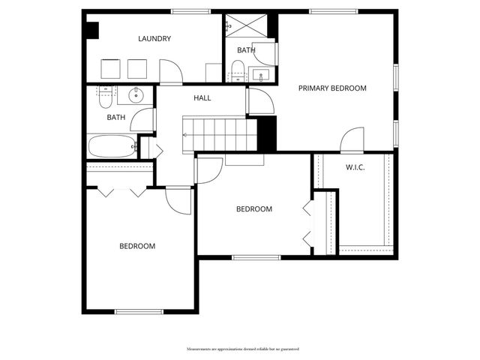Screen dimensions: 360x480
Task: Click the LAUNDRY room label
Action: point(155,39)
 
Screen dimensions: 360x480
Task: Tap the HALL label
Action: point(202,98)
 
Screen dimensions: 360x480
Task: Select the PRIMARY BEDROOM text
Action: point(332,88)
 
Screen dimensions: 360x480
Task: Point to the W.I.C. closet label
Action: point(355,167)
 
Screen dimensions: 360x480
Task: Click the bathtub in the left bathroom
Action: point(112,145)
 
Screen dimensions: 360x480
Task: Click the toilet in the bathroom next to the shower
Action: point(237,72)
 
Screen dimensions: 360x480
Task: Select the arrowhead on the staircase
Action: point(186,134)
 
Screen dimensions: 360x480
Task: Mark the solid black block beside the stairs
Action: point(267,133)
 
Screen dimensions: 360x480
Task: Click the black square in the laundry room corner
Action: point(91,31)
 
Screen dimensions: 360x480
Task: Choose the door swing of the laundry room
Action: point(171,72)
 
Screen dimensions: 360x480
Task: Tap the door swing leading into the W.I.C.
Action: point(352,139)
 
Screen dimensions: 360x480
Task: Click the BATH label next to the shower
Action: point(246,51)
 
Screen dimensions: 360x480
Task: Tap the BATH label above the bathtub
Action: point(115,118)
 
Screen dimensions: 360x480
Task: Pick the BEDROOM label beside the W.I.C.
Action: point(254,209)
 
